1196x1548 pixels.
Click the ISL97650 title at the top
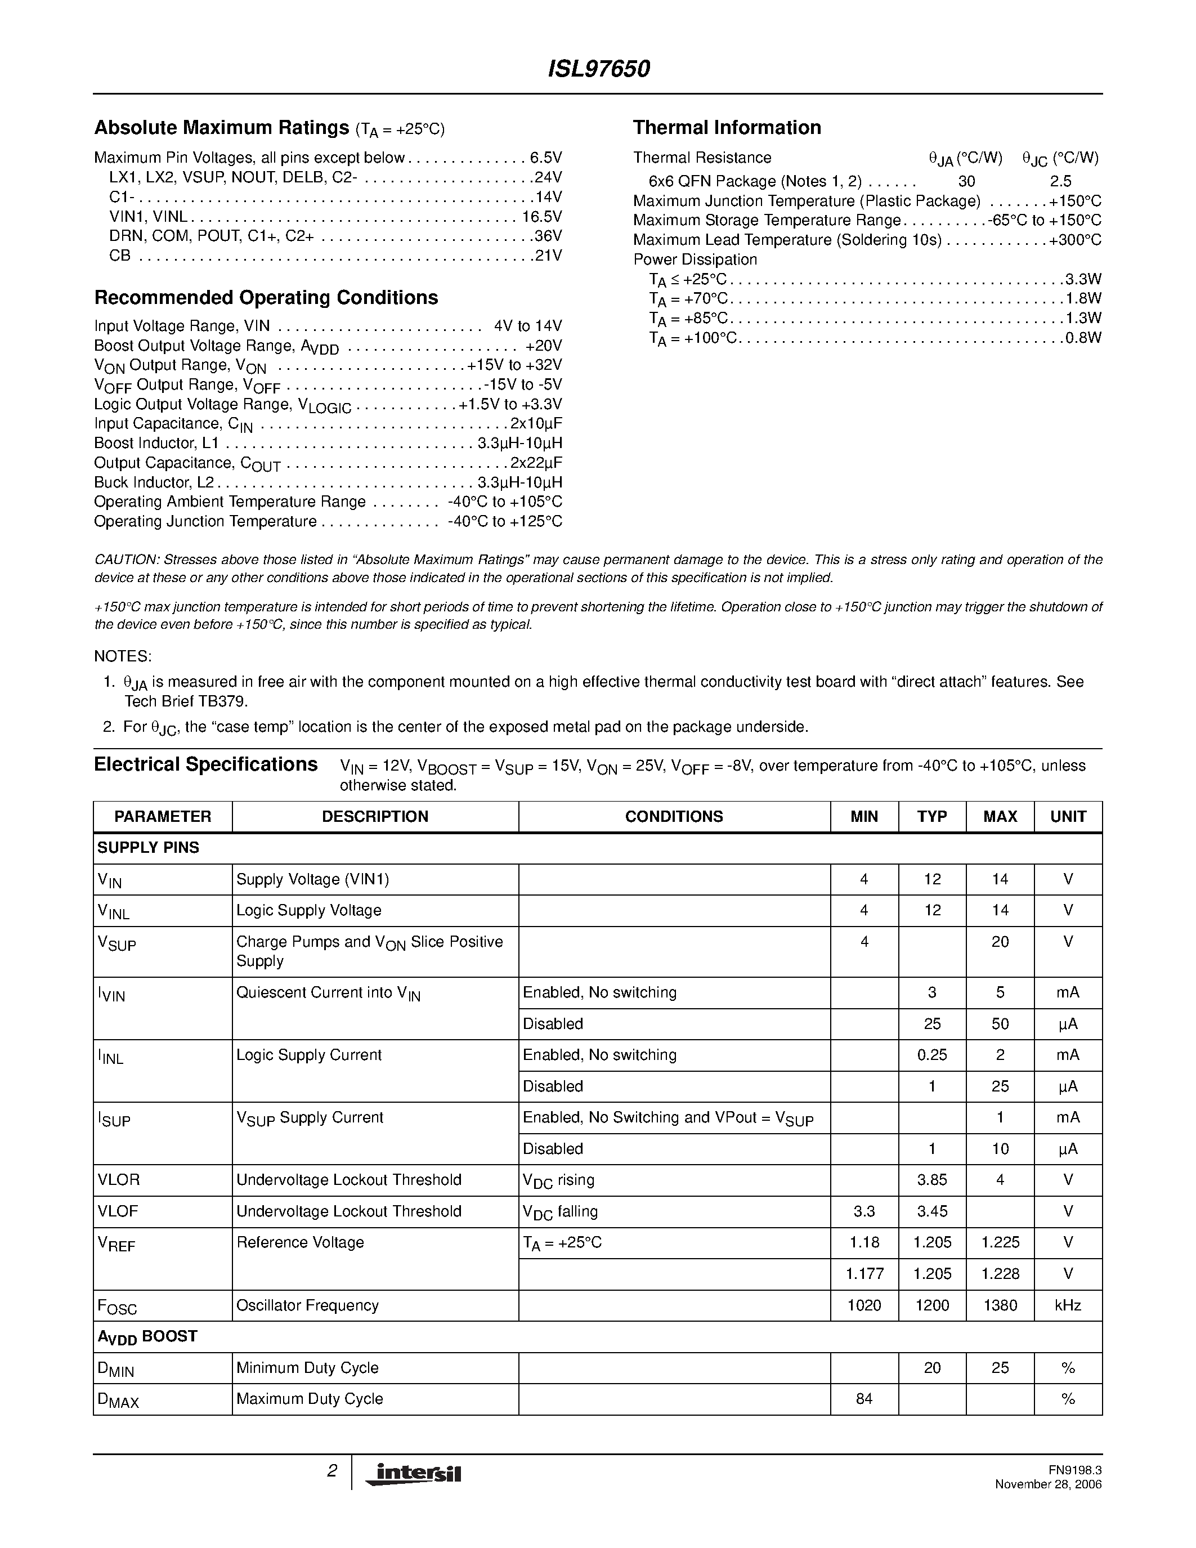click(599, 69)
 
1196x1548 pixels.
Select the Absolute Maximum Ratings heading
click(221, 128)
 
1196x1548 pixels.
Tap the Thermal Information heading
click(727, 128)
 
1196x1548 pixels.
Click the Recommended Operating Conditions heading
click(266, 298)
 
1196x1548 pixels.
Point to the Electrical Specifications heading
click(205, 765)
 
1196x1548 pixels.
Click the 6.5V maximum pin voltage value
click(545, 158)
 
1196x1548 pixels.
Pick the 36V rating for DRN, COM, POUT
click(548, 236)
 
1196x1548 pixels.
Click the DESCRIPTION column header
click(375, 817)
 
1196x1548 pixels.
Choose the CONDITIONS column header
click(674, 817)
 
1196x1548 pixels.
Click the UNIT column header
click(1068, 817)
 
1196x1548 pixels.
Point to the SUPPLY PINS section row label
click(148, 848)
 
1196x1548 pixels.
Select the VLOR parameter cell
click(118, 1179)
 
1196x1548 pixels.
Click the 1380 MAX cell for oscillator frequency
click(1000, 1305)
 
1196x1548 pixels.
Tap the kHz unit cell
click(1068, 1305)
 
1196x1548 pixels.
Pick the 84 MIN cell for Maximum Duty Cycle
click(864, 1398)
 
